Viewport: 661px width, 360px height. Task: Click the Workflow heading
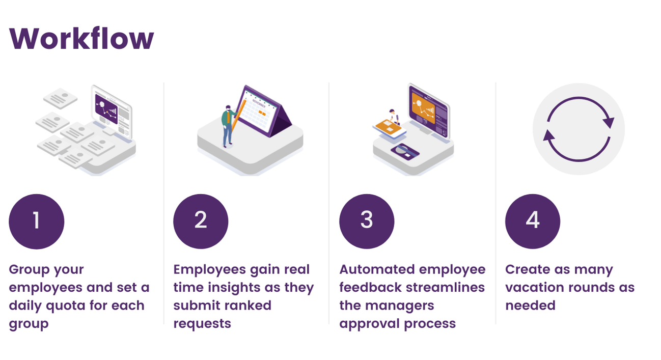coord(81,38)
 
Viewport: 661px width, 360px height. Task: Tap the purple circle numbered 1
coord(37,221)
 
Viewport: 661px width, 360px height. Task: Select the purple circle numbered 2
coord(201,221)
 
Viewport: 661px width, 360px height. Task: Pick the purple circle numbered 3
coord(367,221)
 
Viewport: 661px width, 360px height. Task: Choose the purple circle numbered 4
coord(533,221)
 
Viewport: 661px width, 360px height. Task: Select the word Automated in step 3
coord(373,269)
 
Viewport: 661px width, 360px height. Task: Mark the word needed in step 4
coord(530,306)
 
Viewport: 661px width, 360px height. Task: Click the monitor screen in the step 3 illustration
coord(428,108)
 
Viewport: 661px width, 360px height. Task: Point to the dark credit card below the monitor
coord(404,151)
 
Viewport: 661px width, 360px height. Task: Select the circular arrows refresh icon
coord(579,129)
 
